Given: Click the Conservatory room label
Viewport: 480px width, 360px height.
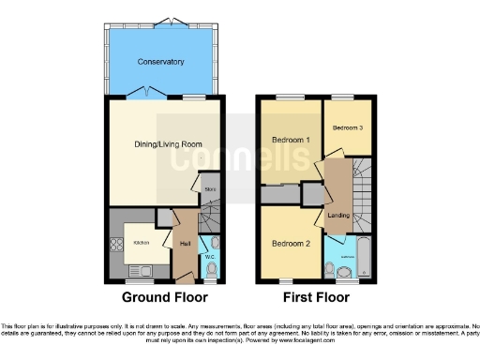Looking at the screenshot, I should coord(159,62).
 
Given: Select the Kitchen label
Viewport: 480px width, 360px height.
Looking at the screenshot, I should coord(141,243).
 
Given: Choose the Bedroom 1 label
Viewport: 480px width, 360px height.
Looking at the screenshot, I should coord(291,141).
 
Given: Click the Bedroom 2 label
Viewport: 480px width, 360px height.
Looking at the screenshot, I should coord(291,243).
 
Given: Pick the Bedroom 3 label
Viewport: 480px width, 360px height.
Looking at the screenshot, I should coord(347,127).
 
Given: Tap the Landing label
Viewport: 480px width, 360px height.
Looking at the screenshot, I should coord(338,215).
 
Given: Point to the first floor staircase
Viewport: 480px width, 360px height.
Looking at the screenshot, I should coord(361,187).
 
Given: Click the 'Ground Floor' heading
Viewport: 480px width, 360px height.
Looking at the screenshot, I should coord(164,297).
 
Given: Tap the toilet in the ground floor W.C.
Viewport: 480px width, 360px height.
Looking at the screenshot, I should coord(210,271).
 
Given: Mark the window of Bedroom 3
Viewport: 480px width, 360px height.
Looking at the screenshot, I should coord(347,97).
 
